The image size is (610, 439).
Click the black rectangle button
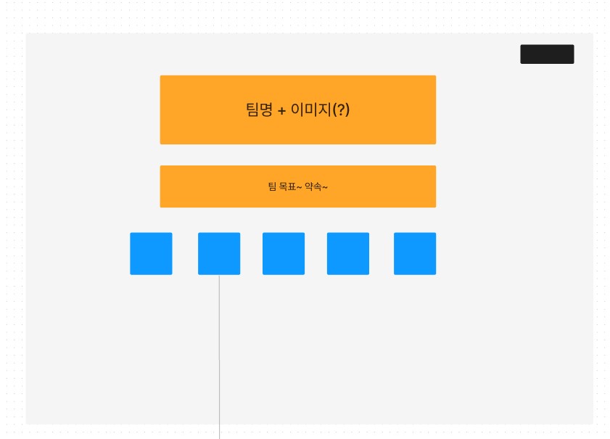click(547, 54)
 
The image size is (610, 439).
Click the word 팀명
click(259, 110)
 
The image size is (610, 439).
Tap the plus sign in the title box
click(281, 111)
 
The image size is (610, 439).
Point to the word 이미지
click(310, 110)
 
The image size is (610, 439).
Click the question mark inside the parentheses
click(341, 110)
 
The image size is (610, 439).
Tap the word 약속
click(313, 186)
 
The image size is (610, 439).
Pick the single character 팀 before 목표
click(272, 186)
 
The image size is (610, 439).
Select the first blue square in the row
click(151, 253)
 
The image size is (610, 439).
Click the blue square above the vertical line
click(219, 253)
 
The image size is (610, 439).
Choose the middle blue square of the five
click(284, 253)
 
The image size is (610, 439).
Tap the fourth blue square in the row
click(348, 253)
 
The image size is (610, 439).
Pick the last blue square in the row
click(415, 253)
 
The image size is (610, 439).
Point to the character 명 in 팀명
click(265, 110)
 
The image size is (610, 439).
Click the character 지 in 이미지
click(324, 110)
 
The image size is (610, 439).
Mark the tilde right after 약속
click(325, 187)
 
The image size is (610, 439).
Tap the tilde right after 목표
click(298, 187)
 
